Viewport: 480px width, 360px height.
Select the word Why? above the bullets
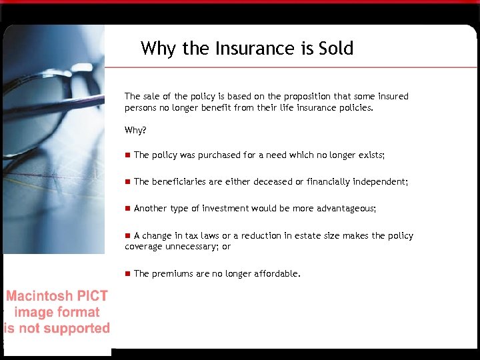click(x=135, y=130)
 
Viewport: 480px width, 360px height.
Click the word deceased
click(x=267, y=182)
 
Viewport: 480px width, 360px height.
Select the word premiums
click(x=173, y=273)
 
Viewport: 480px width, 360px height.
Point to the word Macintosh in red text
click(x=38, y=297)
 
